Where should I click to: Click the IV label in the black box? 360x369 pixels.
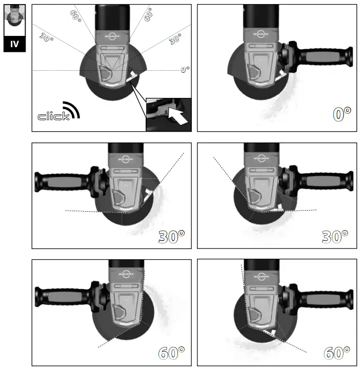coord(14,44)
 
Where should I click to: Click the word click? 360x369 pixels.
coord(53,116)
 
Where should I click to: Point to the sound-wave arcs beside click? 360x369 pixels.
coord(73,109)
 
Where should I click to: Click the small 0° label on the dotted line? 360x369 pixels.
coord(185,70)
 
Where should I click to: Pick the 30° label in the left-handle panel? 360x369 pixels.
coord(171,236)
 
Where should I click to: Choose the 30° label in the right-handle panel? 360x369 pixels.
coord(335,236)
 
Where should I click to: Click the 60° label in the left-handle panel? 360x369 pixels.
coord(171,353)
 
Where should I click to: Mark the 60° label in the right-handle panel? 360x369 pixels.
coord(336,353)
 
